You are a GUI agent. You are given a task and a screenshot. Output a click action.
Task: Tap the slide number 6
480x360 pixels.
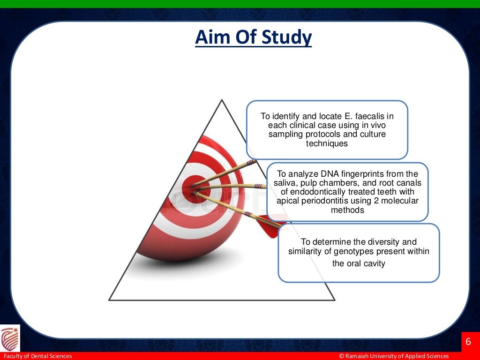(x=468, y=341)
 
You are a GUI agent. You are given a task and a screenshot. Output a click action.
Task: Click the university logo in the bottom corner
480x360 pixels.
(x=10, y=338)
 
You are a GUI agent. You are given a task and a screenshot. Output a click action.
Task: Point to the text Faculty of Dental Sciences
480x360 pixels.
(x=37, y=356)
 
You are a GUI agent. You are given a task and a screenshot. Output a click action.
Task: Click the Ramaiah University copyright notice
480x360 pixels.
(x=394, y=356)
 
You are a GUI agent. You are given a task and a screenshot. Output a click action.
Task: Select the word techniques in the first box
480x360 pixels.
(x=327, y=143)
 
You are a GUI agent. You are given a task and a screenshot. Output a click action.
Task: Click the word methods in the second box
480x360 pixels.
(x=347, y=210)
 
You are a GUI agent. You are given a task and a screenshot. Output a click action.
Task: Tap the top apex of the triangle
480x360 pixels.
(x=222, y=100)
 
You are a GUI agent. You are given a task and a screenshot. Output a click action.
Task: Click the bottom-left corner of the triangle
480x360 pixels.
(x=110, y=300)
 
